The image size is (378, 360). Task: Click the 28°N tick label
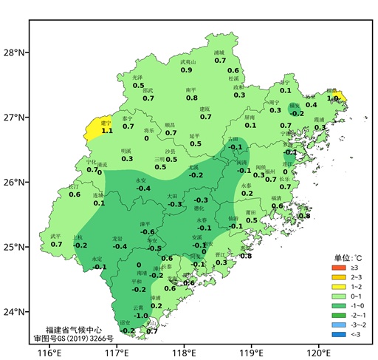(15, 52)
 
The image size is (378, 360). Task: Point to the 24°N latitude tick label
(15, 312)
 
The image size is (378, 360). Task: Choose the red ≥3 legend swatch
(338, 266)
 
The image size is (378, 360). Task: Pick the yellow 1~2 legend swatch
(338, 285)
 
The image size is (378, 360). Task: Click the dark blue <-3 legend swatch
(338, 333)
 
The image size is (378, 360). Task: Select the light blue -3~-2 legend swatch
(338, 324)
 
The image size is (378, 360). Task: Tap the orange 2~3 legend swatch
(338, 276)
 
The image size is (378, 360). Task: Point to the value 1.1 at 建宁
(106, 131)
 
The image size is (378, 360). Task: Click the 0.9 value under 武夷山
(187, 70)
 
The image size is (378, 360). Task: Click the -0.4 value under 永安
(142, 189)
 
